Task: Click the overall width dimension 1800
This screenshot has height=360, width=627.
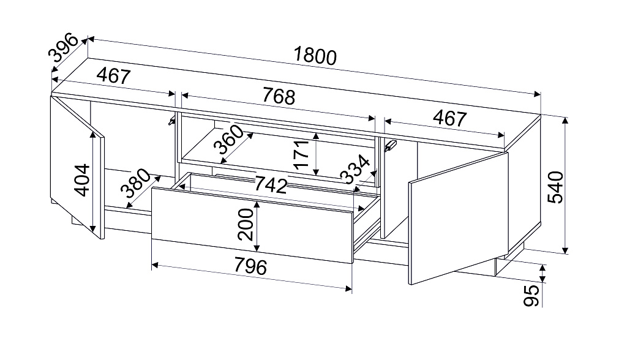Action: tap(315, 56)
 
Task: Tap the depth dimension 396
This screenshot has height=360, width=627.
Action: tap(63, 48)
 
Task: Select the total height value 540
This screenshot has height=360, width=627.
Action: tap(555, 187)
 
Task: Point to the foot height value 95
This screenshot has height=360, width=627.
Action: tap(531, 296)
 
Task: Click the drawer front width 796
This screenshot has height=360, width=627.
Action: tap(250, 266)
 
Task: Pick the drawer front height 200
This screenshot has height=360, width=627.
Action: tap(245, 225)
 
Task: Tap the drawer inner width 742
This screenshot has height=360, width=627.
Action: tap(271, 184)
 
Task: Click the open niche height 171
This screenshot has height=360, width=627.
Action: tap(301, 154)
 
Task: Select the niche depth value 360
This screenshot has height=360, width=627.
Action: tap(228, 139)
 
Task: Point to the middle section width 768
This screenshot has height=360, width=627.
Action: tap(279, 96)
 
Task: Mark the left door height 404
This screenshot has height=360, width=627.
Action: tap(83, 179)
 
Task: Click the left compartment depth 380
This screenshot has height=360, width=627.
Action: tap(137, 184)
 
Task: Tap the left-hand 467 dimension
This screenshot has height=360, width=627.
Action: tap(114, 75)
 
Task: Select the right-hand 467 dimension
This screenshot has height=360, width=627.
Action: tap(450, 118)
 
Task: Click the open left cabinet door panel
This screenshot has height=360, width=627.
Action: tap(77, 167)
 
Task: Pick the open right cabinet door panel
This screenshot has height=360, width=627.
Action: tap(458, 219)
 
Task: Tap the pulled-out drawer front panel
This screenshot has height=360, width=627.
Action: tap(252, 225)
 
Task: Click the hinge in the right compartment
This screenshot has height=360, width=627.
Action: tap(389, 146)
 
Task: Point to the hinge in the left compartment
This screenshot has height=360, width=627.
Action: tap(171, 121)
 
